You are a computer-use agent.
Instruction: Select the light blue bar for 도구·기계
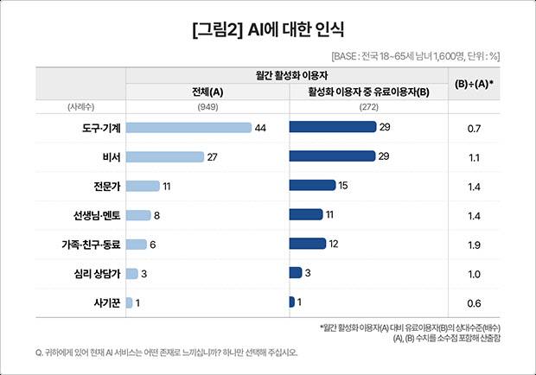click(x=188, y=128)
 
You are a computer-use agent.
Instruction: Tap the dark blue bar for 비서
click(x=333, y=156)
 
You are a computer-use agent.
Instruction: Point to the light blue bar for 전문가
click(x=143, y=186)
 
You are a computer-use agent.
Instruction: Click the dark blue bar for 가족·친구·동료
click(x=307, y=244)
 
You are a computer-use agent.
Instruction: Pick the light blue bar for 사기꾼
click(x=129, y=302)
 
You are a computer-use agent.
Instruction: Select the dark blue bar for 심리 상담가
click(x=295, y=273)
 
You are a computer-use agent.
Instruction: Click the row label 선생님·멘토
click(x=96, y=215)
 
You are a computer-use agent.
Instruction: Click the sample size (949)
click(x=207, y=107)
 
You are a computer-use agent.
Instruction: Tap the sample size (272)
click(x=369, y=107)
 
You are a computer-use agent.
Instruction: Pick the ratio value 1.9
click(x=474, y=245)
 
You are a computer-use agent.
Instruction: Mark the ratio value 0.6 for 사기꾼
click(x=474, y=303)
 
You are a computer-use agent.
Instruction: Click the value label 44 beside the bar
click(x=260, y=128)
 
